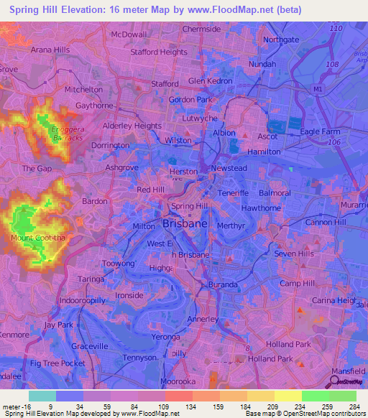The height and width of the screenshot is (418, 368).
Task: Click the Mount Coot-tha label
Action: [x=32, y=238]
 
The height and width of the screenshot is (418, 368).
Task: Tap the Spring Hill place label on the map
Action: [x=190, y=206]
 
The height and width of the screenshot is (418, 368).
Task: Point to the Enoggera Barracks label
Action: [x=67, y=133]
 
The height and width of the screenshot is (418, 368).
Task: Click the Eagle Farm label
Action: [x=320, y=131]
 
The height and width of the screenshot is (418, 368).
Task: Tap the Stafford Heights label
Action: [x=159, y=52]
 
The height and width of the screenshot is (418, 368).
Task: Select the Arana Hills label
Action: [x=50, y=50]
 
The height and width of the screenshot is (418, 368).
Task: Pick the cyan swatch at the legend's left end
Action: [x=42, y=396]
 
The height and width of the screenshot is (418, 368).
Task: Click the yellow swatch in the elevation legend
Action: [x=287, y=396]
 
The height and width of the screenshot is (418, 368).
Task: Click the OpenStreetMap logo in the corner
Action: [x=347, y=381]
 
